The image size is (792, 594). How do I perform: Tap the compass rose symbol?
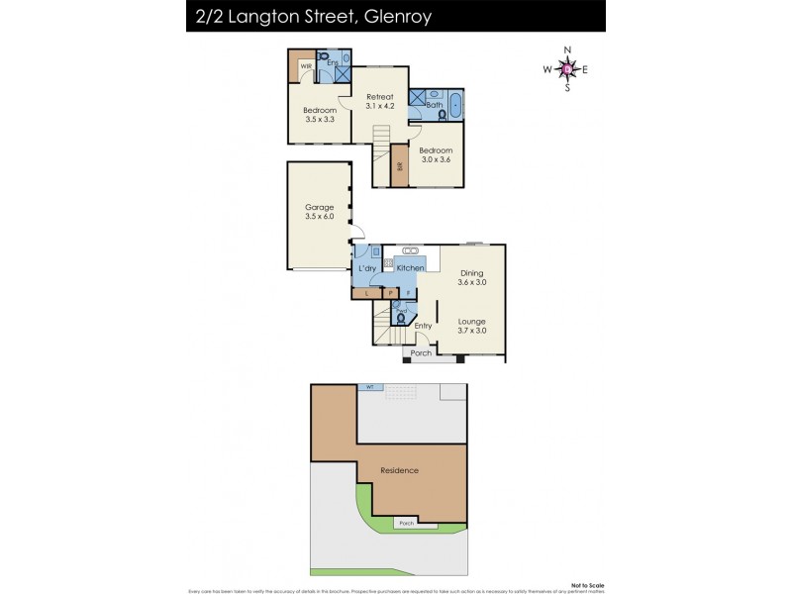(x=565, y=69)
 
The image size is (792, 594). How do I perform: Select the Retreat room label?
(x=380, y=96)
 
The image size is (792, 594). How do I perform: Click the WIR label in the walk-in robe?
(x=307, y=66)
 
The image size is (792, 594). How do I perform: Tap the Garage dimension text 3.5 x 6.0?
(x=320, y=217)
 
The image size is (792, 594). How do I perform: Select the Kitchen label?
(x=411, y=267)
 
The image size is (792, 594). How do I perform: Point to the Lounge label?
(x=471, y=321)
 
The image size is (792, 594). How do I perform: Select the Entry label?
(x=424, y=326)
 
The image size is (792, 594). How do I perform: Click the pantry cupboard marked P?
(x=390, y=293)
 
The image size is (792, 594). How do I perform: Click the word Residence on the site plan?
(x=399, y=470)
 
